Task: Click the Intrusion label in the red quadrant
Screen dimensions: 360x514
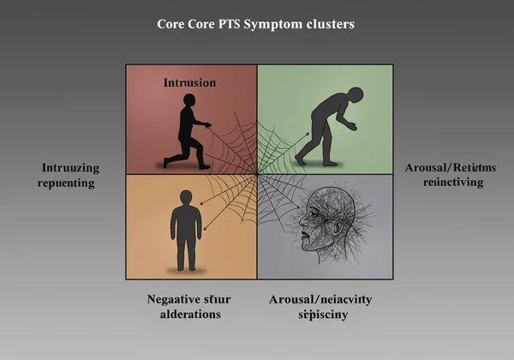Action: (x=189, y=83)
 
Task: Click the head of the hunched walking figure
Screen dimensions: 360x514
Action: (x=355, y=94)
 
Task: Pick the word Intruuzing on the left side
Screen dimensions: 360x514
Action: (x=71, y=168)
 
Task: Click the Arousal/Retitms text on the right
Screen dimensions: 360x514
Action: (x=445, y=166)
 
